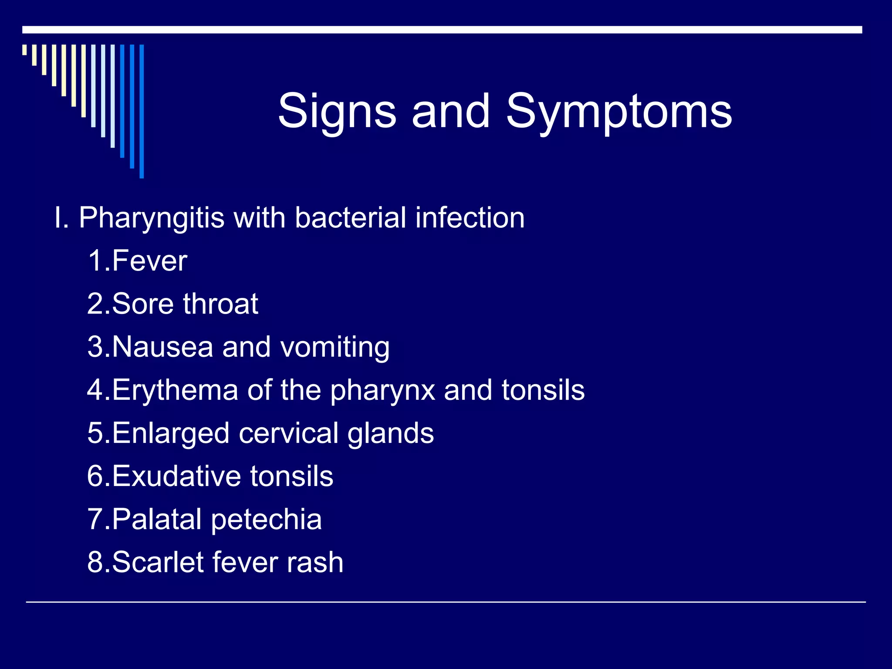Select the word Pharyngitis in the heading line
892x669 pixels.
[152, 218]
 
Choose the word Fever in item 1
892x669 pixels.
[149, 261]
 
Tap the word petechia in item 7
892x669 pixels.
[266, 520]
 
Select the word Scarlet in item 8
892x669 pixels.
[158, 562]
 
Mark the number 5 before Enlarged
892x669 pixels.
[95, 433]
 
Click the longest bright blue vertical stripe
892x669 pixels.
[142, 111]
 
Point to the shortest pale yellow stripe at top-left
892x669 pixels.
[24, 50]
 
